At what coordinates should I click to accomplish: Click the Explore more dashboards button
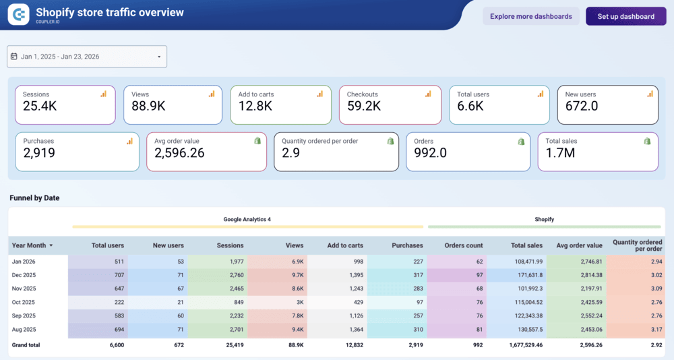pos(530,16)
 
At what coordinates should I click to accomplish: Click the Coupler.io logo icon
pos(18,14)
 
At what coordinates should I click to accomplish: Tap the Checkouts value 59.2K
pos(364,106)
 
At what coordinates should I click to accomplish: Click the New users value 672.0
pos(582,106)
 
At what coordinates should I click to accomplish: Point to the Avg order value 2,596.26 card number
pos(179,153)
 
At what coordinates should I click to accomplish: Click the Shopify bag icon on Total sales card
pos(647,141)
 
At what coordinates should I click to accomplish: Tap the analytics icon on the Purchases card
pos(129,141)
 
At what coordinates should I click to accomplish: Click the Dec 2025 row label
pos(24,275)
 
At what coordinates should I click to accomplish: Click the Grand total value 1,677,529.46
pos(520,345)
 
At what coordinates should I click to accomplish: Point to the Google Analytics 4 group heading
pos(247,219)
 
